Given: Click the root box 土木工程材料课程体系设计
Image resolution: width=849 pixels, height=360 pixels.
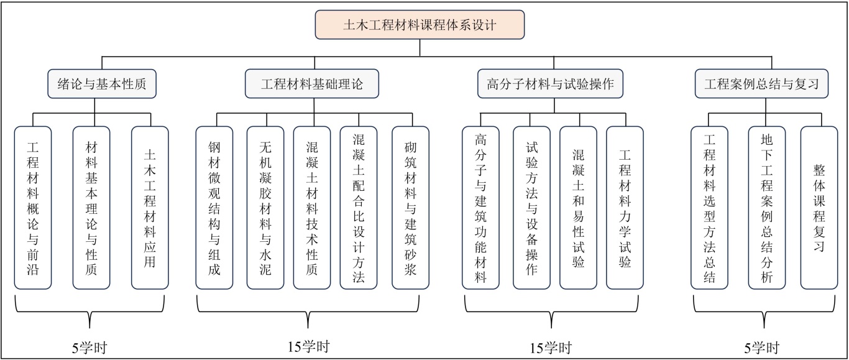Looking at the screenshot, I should coord(420,25).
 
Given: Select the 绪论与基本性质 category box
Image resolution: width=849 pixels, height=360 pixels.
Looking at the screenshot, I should coord(102,84).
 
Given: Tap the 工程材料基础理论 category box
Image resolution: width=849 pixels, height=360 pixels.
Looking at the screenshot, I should coord(311,84).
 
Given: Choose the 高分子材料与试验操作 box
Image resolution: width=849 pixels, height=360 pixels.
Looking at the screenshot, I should coord(551,84).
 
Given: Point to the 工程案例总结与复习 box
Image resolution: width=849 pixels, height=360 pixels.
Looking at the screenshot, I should coord(762,84).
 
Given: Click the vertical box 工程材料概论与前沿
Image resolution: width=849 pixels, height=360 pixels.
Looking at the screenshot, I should coord(33,208).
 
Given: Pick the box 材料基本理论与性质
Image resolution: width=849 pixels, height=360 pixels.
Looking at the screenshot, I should coord(91,208).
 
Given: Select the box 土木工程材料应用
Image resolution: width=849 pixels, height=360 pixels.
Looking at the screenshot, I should coord(150,208).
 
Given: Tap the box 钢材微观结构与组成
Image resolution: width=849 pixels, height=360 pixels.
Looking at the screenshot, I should coord(214,208).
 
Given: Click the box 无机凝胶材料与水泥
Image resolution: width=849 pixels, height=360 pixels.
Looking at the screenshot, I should coord(265,208).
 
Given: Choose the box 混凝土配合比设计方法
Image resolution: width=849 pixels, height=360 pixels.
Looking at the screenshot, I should coord(359,208).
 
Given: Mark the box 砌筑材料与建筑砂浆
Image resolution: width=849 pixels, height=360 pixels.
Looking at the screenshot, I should coord(411,208).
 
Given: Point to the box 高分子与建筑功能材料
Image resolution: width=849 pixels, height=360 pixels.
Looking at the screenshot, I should coord(480,208).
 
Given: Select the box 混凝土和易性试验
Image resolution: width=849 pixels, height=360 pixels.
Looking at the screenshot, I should coord(579,208).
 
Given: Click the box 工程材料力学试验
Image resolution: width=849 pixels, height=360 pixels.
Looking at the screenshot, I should coord(625,208).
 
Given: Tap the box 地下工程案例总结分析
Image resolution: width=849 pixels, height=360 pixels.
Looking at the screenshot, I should coord(767,208).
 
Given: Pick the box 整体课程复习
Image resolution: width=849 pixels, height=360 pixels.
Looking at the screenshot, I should coord(819,208).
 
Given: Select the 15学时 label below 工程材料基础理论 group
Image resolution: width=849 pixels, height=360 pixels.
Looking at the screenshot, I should coord(308,347).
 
